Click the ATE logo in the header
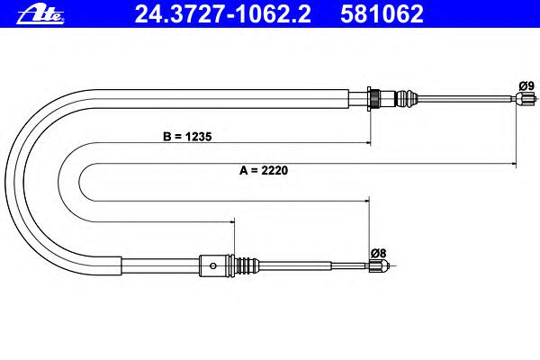click(x=40, y=15)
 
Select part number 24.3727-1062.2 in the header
click(x=223, y=14)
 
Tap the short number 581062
click(x=382, y=14)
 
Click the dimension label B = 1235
click(x=187, y=137)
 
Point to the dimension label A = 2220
click(x=264, y=170)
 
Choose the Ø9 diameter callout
click(x=526, y=85)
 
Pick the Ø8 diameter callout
click(x=379, y=253)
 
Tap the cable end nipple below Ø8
click(x=380, y=265)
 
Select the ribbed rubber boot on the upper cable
click(x=407, y=98)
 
